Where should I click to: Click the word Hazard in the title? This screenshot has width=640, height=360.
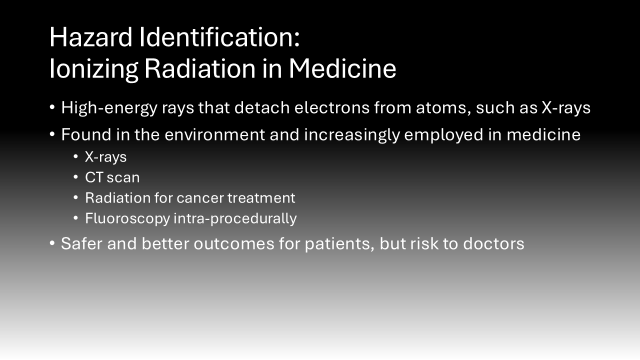coord(91,37)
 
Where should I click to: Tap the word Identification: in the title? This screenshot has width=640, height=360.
coord(219,37)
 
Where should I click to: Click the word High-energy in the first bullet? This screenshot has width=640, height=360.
coord(109,108)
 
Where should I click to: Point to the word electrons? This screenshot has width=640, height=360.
coord(332,107)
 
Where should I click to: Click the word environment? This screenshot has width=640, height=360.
coord(215,134)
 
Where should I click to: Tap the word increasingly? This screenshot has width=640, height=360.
coord(351,135)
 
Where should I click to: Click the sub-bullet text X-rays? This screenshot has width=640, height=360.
coord(105,157)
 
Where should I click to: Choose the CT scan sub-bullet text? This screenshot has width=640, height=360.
coord(112,177)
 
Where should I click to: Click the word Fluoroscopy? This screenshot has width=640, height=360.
coord(127,219)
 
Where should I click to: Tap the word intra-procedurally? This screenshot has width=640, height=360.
coord(235,219)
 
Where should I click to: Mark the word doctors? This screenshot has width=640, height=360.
coord(493,243)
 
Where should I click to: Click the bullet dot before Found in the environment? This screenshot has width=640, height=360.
coord(52,134)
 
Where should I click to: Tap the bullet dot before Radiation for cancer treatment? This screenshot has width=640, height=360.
coord(75,197)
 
